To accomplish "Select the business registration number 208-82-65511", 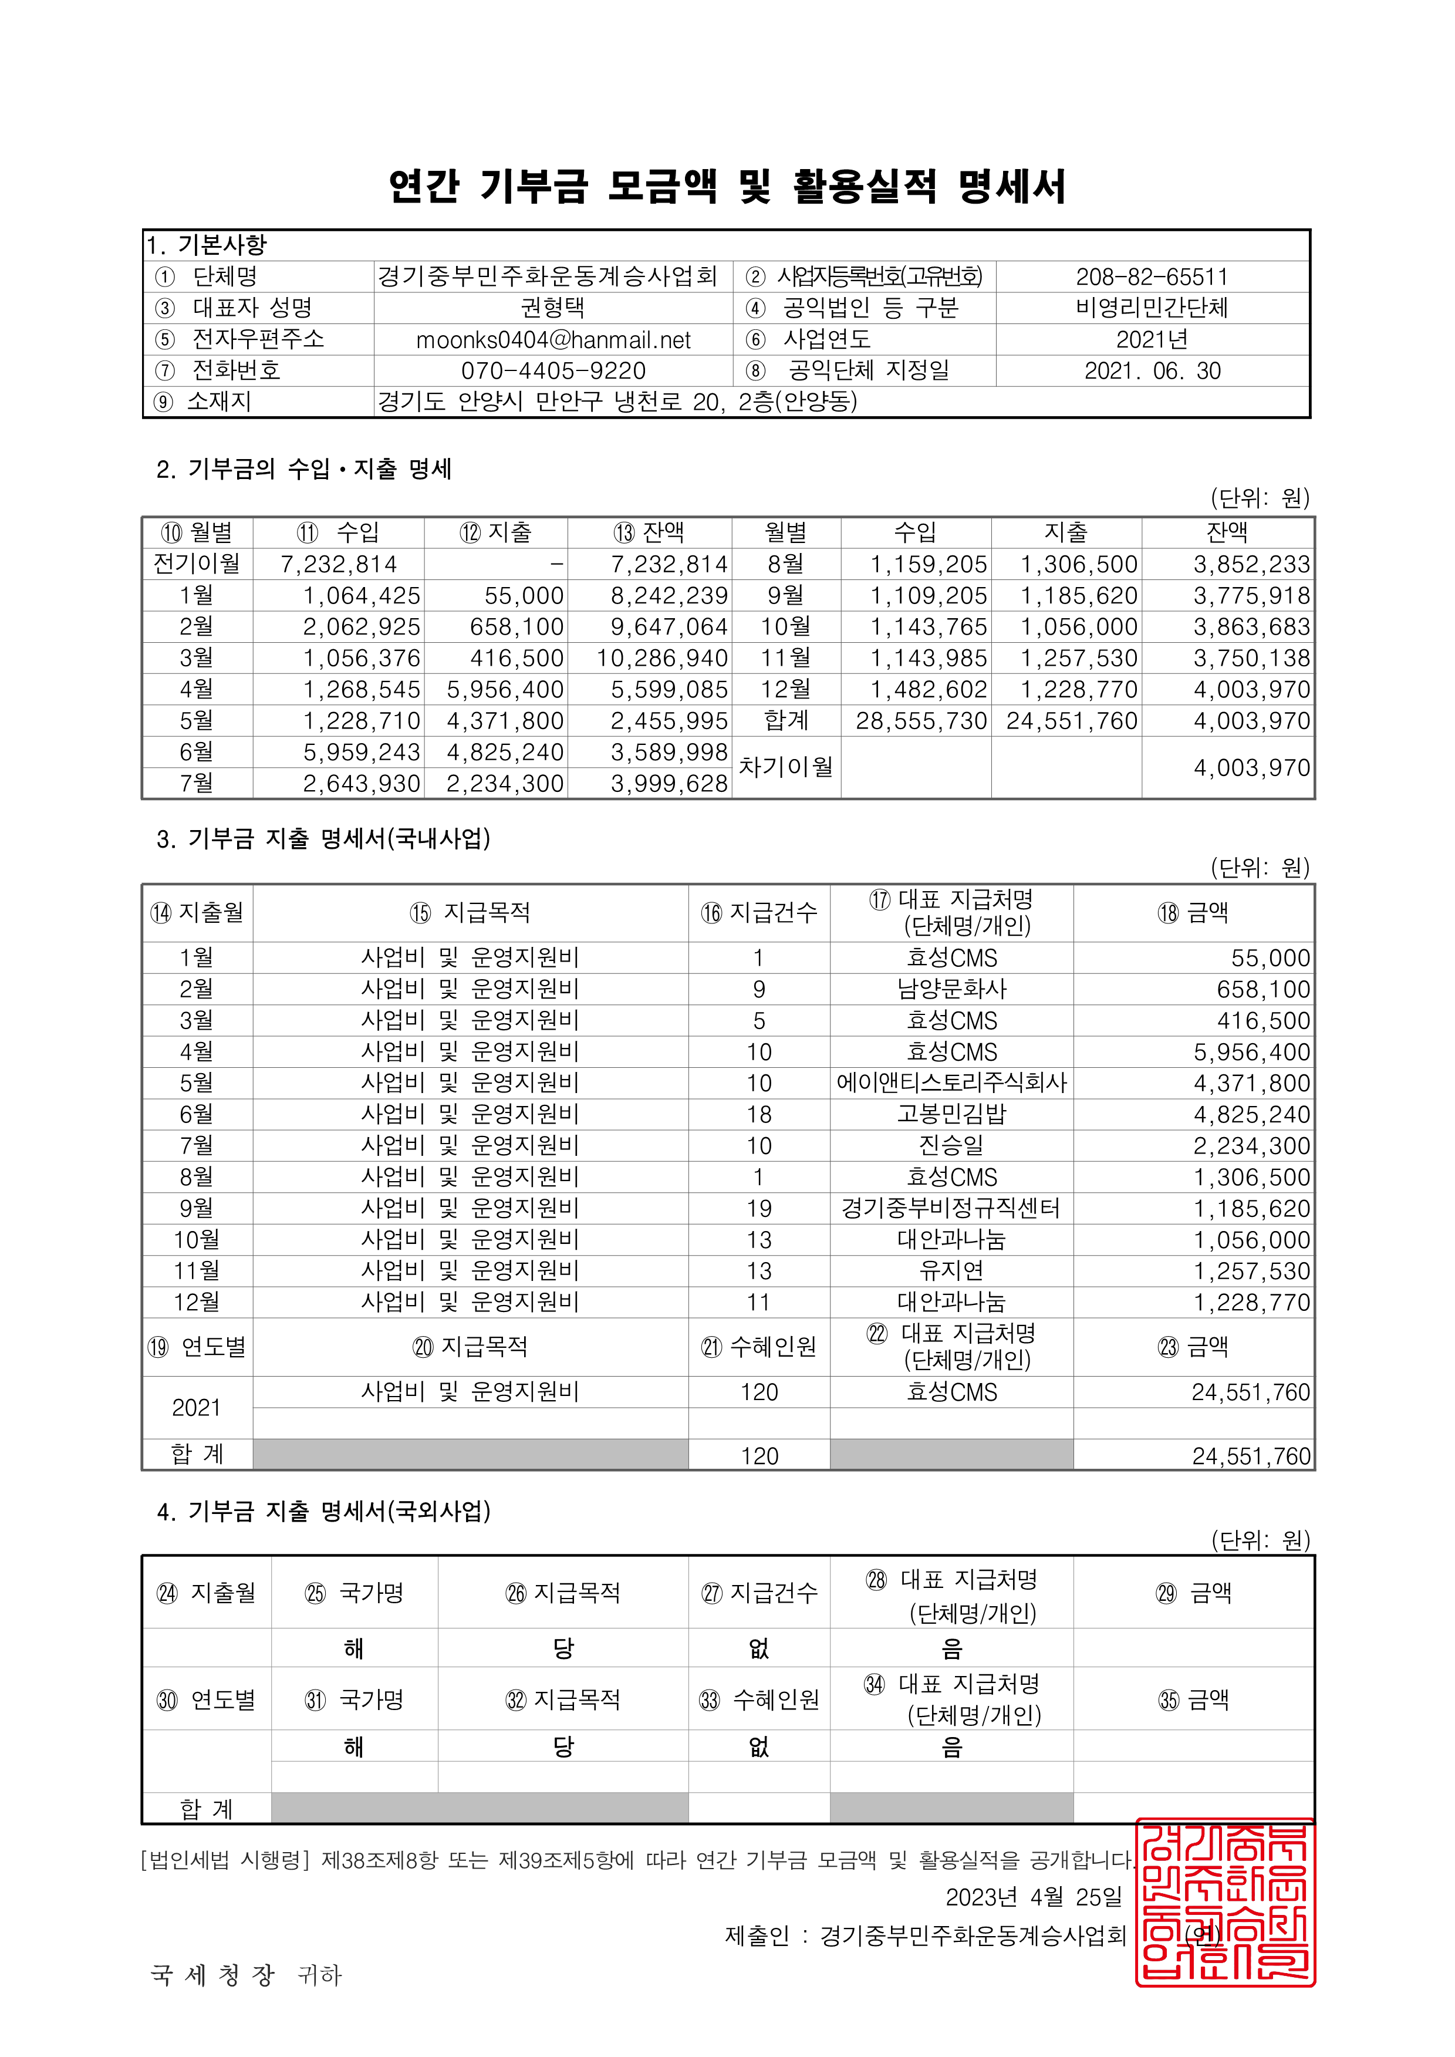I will pyautogui.click(x=1152, y=277).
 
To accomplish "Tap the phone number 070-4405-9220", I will pyautogui.click(x=553, y=371).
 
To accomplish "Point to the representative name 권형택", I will pyautogui.click(x=553, y=308).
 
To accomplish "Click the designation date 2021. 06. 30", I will pyautogui.click(x=1152, y=371).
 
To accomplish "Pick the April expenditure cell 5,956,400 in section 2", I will pyautogui.click(x=505, y=690).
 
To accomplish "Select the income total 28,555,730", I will pyautogui.click(x=921, y=721).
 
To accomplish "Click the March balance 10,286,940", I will pyautogui.click(x=662, y=659).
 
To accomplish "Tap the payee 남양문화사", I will pyautogui.click(x=951, y=989).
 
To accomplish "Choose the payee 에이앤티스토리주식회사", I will pyautogui.click(x=951, y=1083).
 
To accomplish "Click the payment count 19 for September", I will pyautogui.click(x=759, y=1209).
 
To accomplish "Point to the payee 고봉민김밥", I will pyautogui.click(x=951, y=1115).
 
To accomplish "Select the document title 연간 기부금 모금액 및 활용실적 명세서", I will pyautogui.click(x=727, y=186).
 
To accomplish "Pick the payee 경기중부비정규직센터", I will pyautogui.click(x=951, y=1209).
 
